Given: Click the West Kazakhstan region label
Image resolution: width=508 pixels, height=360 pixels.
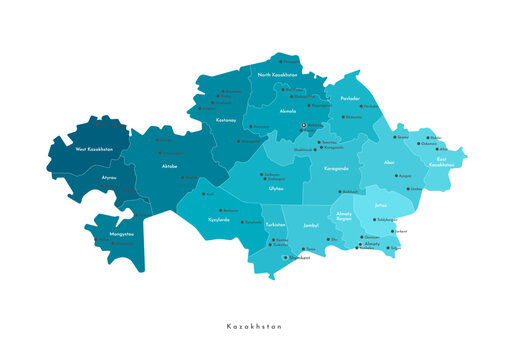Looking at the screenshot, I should (94, 149).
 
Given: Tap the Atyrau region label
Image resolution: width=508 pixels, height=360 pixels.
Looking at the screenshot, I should (109, 177).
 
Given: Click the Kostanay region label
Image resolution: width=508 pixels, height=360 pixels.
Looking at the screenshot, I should (225, 120).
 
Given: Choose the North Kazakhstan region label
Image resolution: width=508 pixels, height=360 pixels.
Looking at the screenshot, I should (278, 75).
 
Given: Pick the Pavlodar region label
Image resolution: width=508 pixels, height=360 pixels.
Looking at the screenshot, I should (349, 99).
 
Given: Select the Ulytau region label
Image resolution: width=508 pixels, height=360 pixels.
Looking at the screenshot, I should (275, 187).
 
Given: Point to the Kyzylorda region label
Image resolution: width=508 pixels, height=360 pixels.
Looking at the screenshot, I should (219, 219).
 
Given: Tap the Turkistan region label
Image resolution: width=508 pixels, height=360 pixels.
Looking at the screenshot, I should (275, 225).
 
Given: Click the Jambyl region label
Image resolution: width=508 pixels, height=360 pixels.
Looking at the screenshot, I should (311, 226).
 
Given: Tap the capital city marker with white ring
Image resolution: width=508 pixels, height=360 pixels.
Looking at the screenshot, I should (304, 126).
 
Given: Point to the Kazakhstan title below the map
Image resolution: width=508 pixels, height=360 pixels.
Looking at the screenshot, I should (254, 326).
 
